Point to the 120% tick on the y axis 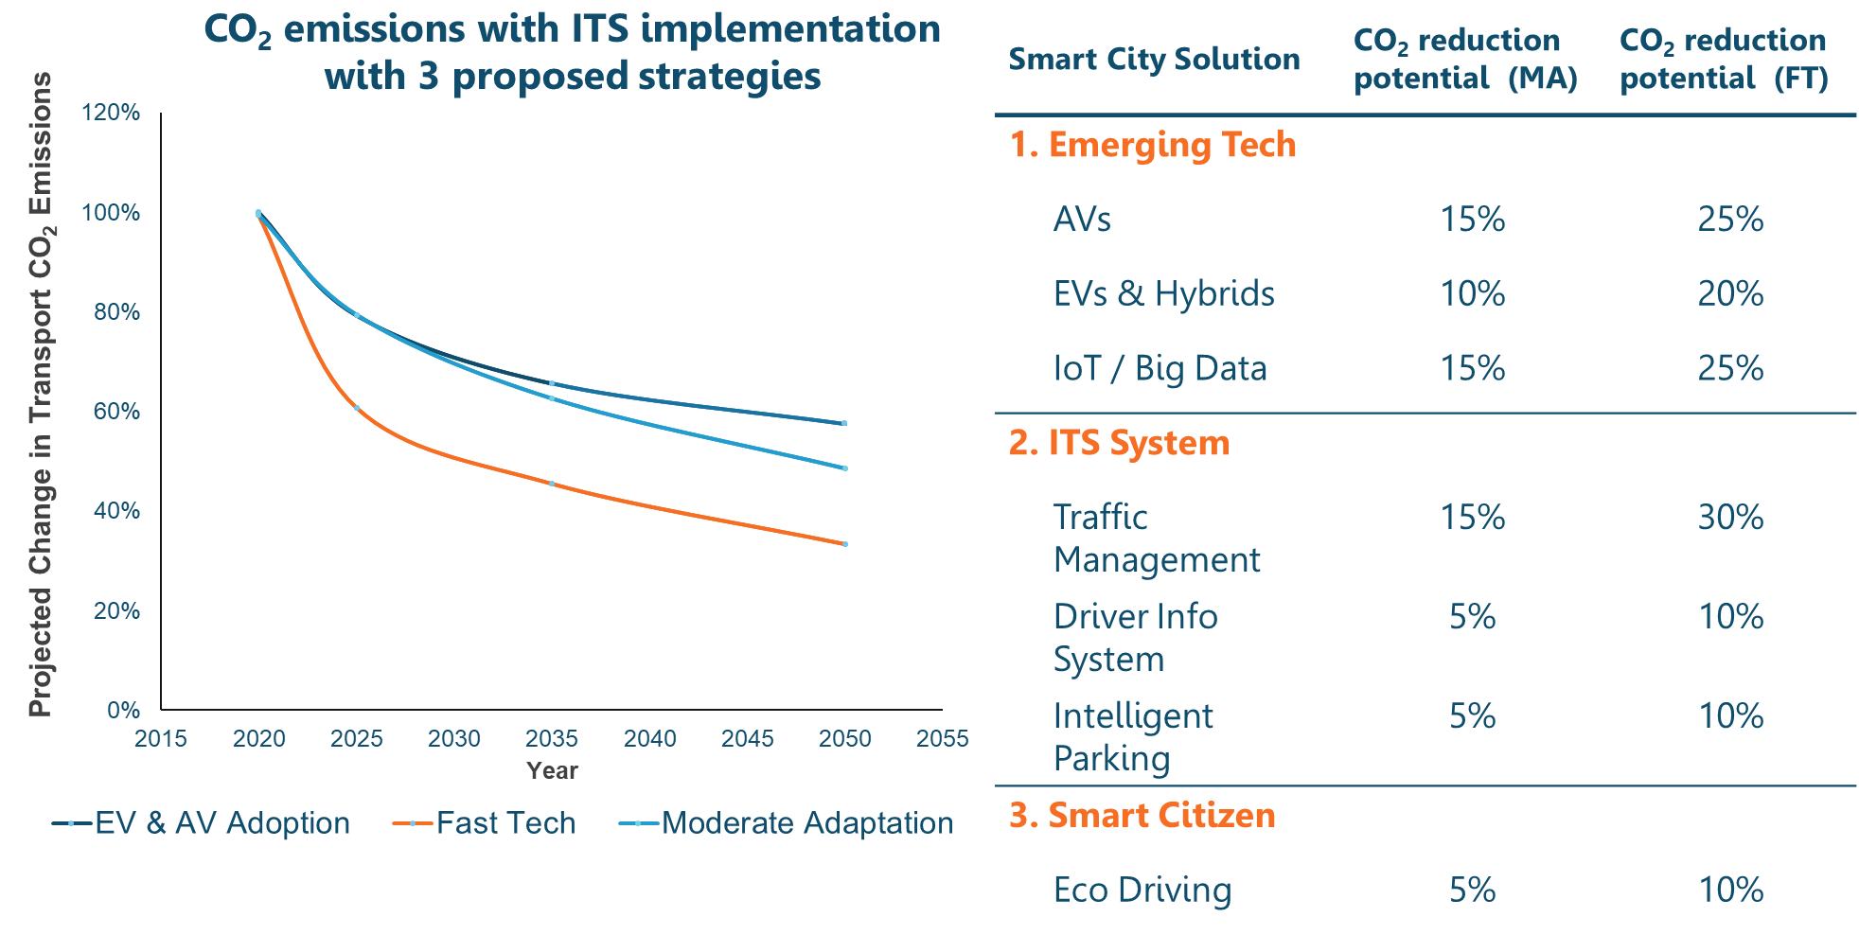pyautogui.click(x=111, y=113)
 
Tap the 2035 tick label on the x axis pyautogui.click(x=552, y=739)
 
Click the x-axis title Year pyautogui.click(x=552, y=770)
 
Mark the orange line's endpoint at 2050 pyautogui.click(x=844, y=544)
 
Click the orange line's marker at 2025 pyautogui.click(x=357, y=408)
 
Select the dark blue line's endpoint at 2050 pyautogui.click(x=844, y=423)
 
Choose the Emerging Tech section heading pyautogui.click(x=1152, y=145)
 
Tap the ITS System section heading pyautogui.click(x=1119, y=443)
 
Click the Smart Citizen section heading pyautogui.click(x=1142, y=816)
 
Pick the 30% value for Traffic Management pyautogui.click(x=1730, y=518)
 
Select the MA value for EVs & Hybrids pyautogui.click(x=1472, y=294)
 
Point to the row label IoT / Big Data pyautogui.click(x=1160, y=368)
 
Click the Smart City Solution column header pyautogui.click(x=1154, y=59)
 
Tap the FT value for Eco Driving pyautogui.click(x=1730, y=890)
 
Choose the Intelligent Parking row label pyautogui.click(x=1132, y=737)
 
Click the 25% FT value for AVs pyautogui.click(x=1730, y=220)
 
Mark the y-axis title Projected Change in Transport pyautogui.click(x=40, y=395)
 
